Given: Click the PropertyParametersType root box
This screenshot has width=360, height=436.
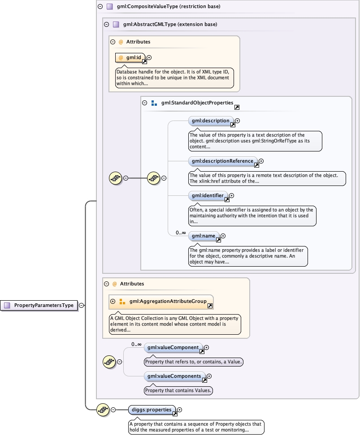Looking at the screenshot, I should pos(40,305).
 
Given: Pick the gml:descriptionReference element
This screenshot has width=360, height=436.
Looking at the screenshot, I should pos(222,161).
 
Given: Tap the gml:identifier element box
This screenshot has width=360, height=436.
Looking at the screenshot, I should pos(208,195).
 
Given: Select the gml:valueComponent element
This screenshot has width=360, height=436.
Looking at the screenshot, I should pos(173,347).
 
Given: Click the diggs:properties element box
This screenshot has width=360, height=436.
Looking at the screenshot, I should pos(152,410).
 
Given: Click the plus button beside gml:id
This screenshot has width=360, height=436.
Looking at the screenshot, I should pos(149,57).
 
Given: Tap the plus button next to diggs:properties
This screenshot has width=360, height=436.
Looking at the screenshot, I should pos(180,410).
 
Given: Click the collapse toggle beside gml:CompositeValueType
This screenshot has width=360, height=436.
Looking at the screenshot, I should pos(99,7).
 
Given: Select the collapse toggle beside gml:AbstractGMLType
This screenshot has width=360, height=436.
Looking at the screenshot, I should pos(106,25).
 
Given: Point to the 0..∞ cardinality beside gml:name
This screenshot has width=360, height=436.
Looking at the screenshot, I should pos(181,233).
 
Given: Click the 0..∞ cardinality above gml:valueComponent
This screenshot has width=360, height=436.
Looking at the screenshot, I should pos(136,344).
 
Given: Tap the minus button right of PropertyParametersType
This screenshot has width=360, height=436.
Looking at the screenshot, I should pos(81,305).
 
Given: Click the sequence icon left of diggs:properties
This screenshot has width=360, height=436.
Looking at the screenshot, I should pos(103,410).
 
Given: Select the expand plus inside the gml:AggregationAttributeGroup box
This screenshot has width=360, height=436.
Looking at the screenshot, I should pos(113,302).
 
